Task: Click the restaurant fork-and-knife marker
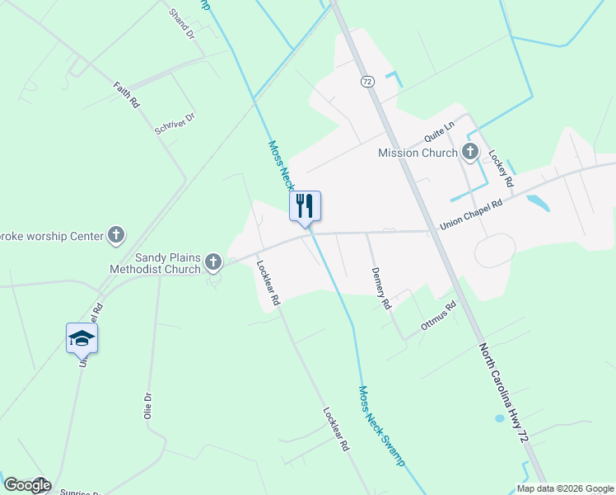coord(305,205)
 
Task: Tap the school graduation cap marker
coord(82,337)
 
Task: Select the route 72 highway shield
coord(367,81)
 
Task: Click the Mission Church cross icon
coord(470,152)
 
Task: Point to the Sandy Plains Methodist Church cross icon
coord(213,262)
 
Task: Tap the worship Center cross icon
coord(116,236)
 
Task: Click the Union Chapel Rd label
coord(471,214)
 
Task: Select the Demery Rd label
coord(380,288)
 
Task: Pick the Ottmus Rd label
coord(438,316)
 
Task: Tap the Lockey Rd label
coord(501,168)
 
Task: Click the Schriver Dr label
coord(175,124)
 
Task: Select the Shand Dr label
coord(181,25)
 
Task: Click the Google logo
coord(27,485)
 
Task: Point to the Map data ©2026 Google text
coord(565,488)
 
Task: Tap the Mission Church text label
coord(417,153)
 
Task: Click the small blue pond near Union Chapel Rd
coord(537,202)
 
